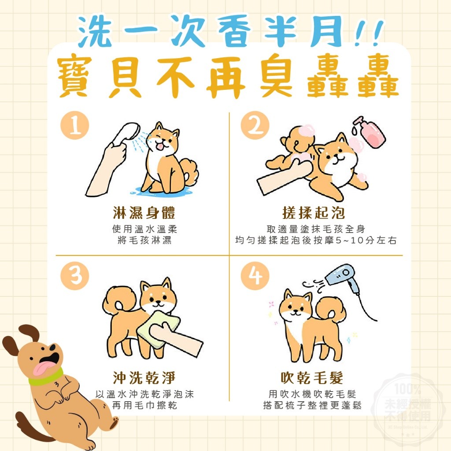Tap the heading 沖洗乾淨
point(144,377)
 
